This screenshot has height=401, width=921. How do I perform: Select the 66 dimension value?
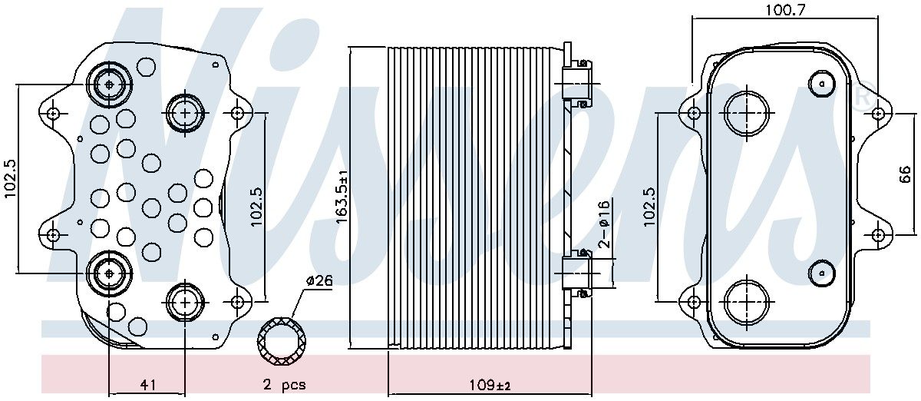click(x=904, y=174)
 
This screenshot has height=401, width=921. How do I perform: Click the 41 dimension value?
click(x=148, y=386)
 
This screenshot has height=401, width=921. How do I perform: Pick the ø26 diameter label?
click(x=319, y=281)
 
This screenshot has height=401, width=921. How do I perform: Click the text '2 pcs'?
click(x=285, y=386)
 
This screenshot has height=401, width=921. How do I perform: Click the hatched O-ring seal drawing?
click(x=282, y=340)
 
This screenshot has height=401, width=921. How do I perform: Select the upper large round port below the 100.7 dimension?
click(x=746, y=112)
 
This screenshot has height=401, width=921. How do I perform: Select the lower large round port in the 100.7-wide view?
click(x=746, y=300)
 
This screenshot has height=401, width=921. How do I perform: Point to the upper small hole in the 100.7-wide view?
click(x=822, y=82)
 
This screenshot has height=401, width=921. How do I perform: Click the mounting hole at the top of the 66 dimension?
click(x=877, y=113)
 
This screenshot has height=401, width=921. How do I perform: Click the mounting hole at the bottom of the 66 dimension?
click(x=877, y=234)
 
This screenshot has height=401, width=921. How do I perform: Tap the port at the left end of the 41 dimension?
click(x=108, y=273)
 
